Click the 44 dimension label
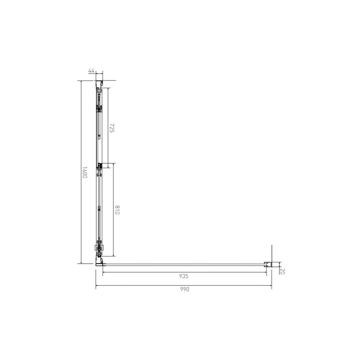click(x=91, y=71)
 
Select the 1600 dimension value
click(x=85, y=172)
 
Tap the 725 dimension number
click(x=112, y=128)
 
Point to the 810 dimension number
click(x=117, y=210)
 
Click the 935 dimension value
click(x=184, y=276)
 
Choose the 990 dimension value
click(x=184, y=289)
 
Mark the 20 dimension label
click(x=283, y=271)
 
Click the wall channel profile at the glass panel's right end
click(x=268, y=264)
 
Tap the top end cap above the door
click(x=99, y=84)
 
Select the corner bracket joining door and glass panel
click(x=100, y=261)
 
